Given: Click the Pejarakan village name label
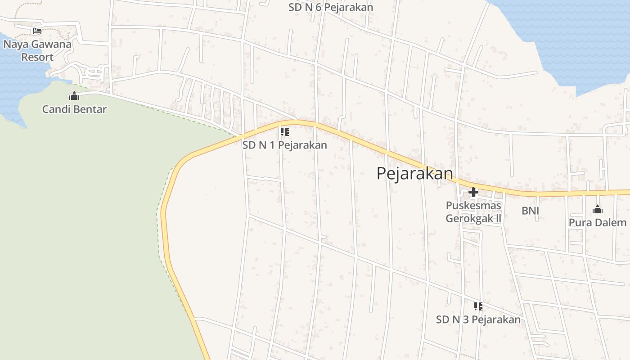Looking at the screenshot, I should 414,173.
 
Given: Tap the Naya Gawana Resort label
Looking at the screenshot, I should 37,50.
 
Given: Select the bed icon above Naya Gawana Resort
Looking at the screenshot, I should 37,31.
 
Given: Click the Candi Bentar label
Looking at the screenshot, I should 74,109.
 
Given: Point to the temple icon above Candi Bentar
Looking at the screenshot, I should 74,96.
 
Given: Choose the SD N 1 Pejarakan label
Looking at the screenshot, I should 284,145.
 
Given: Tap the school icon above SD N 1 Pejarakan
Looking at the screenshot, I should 284,132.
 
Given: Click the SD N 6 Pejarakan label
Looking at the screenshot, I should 331,8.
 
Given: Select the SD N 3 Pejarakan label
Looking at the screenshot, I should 478,319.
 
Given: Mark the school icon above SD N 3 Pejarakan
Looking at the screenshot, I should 478,306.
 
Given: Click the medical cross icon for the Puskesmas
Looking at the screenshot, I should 473,193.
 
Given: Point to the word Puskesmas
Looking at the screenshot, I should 473,206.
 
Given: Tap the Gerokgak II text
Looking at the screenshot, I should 473,218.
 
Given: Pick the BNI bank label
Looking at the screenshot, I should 530,211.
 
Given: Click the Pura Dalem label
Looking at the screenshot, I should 597,223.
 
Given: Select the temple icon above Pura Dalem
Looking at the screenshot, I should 598,209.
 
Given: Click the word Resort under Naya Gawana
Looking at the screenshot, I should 37,57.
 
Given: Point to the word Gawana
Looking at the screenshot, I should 49,44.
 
